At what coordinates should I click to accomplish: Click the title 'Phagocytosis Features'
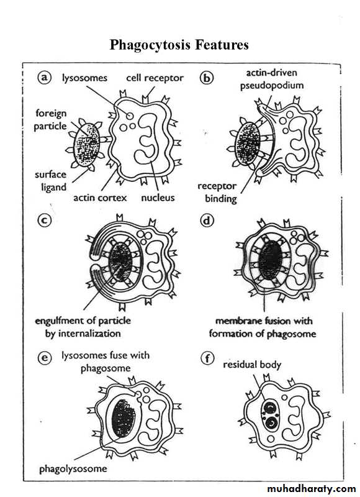[x=179, y=45]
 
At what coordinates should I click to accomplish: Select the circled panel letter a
[x=44, y=77]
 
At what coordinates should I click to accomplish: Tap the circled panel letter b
[x=207, y=78]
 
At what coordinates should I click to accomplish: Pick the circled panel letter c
[x=44, y=220]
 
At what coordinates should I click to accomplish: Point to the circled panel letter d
[x=207, y=220]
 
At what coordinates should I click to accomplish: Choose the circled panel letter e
[x=45, y=358]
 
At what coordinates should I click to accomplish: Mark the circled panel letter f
[x=207, y=358]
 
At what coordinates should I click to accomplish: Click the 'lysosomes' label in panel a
[x=84, y=78]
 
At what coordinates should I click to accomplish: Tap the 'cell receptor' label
[x=155, y=78]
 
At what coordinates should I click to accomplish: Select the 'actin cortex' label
[x=100, y=198]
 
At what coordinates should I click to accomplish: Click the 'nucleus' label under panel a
[x=158, y=198]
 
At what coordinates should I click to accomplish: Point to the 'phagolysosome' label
[x=73, y=469]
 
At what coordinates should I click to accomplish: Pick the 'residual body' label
[x=252, y=365]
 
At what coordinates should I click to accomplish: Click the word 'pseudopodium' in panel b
[x=272, y=86]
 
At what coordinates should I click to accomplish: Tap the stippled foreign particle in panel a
[x=86, y=145]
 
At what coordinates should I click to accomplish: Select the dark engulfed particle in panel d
[x=270, y=260]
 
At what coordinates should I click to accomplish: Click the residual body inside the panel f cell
[x=270, y=415]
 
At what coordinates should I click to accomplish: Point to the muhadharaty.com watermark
[x=311, y=489]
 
